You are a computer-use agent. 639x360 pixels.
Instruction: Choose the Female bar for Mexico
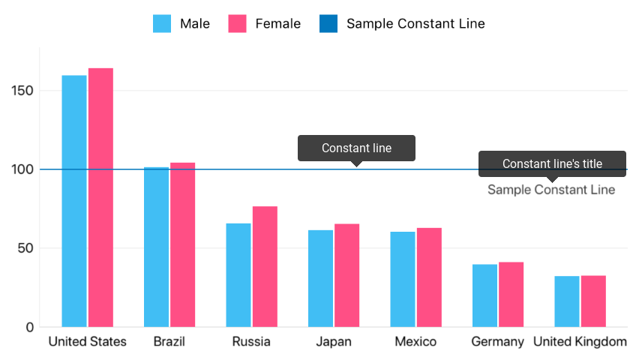pos(429,277)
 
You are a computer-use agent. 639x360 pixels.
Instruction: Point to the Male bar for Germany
pos(484,295)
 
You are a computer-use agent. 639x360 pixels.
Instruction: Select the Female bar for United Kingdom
pos(593,301)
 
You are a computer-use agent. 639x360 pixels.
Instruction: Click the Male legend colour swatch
pos(163,23)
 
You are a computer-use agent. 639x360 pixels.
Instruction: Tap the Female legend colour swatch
pos(238,23)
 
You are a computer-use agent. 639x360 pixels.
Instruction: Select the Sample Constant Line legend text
pos(415,23)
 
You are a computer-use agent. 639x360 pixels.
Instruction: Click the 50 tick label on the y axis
pos(26,248)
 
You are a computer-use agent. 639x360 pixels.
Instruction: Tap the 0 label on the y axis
pos(30,327)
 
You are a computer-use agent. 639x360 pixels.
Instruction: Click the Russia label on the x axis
pos(251,342)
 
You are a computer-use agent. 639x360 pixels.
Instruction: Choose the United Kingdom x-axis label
pos(580,342)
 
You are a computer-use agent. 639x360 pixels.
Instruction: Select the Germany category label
pos(497,342)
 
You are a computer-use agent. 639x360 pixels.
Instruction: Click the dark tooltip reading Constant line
pos(356,148)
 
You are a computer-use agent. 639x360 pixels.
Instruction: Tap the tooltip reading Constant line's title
pos(552,163)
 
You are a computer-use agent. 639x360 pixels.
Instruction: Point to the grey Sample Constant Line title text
pos(551,190)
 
